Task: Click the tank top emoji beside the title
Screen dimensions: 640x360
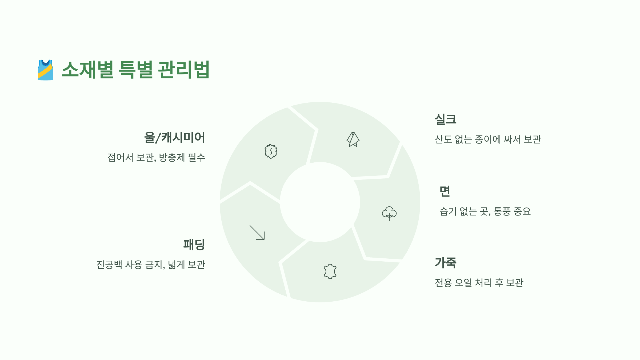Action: (46, 70)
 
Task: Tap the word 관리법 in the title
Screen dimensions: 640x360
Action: (184, 70)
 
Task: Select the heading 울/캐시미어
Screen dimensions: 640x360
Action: (174, 138)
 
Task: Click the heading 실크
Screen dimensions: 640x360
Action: (446, 119)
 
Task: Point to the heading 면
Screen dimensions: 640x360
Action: (445, 191)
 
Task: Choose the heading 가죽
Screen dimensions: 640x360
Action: (446, 263)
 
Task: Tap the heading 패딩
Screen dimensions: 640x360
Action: (194, 245)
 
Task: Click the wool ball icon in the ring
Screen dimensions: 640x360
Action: (271, 151)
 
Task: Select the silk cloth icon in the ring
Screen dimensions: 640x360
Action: (353, 140)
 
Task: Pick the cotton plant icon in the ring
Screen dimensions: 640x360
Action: (389, 213)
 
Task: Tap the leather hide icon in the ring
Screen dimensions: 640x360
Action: (330, 271)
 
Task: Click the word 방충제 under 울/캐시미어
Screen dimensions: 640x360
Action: (172, 158)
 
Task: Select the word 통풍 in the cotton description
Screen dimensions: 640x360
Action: (502, 211)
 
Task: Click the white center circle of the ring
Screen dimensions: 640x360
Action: (320, 202)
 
